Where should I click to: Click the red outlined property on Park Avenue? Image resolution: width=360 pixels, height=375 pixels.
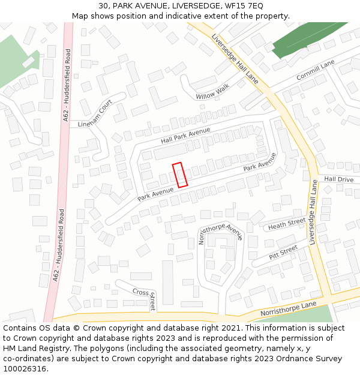[x=180, y=175]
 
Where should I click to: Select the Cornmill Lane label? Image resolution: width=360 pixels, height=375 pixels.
[x=315, y=71]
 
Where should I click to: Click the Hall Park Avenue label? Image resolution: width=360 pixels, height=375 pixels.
[x=185, y=135]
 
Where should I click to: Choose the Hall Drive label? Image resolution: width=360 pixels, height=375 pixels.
[x=339, y=179]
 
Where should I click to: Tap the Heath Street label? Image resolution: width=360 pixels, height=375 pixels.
[x=287, y=225]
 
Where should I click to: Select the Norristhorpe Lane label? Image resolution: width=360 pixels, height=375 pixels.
[x=288, y=310]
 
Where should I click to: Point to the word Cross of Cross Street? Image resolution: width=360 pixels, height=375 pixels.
[x=140, y=292]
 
